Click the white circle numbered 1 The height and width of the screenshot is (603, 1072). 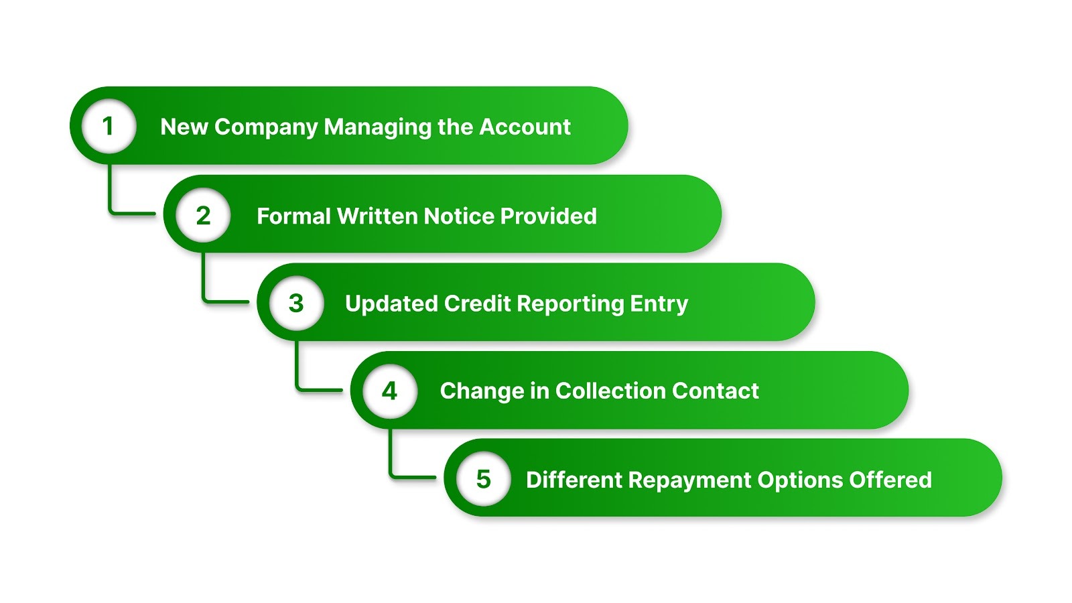click(109, 126)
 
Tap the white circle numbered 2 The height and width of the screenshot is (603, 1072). click(203, 215)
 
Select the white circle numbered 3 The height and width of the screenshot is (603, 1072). click(296, 303)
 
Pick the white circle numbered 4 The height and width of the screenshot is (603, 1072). click(390, 391)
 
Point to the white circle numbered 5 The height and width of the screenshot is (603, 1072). click(483, 479)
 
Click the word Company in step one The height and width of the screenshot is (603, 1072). click(265, 127)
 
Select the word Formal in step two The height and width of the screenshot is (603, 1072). click(293, 216)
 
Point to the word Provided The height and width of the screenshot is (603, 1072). click(548, 216)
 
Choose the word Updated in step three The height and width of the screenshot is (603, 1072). click(391, 304)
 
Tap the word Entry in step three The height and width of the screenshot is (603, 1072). click(659, 304)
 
